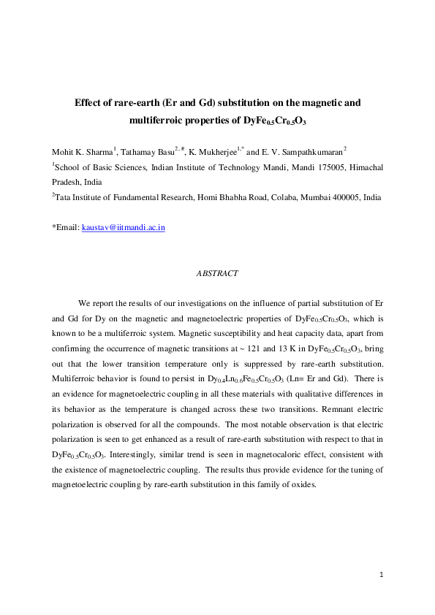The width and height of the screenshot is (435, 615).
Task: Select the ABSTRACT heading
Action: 217,273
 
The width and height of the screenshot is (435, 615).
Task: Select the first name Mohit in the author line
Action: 63,151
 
